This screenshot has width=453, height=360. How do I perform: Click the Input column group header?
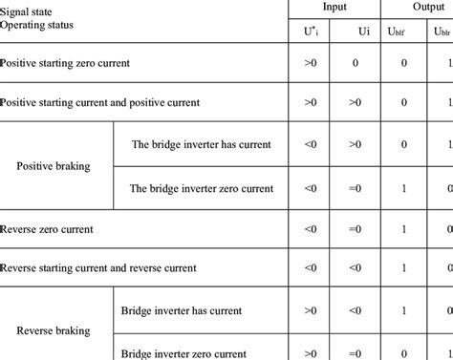[334, 8]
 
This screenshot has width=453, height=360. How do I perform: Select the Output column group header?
[418, 8]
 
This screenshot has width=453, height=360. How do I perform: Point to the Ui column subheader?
[363, 32]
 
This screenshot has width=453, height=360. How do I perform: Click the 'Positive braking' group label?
[54, 165]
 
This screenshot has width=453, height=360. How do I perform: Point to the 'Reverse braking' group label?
[54, 330]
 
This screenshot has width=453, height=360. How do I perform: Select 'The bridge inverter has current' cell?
[201, 144]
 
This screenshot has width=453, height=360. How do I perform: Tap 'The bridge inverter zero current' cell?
[201, 187]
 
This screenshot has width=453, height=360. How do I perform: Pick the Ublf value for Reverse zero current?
[404, 229]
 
